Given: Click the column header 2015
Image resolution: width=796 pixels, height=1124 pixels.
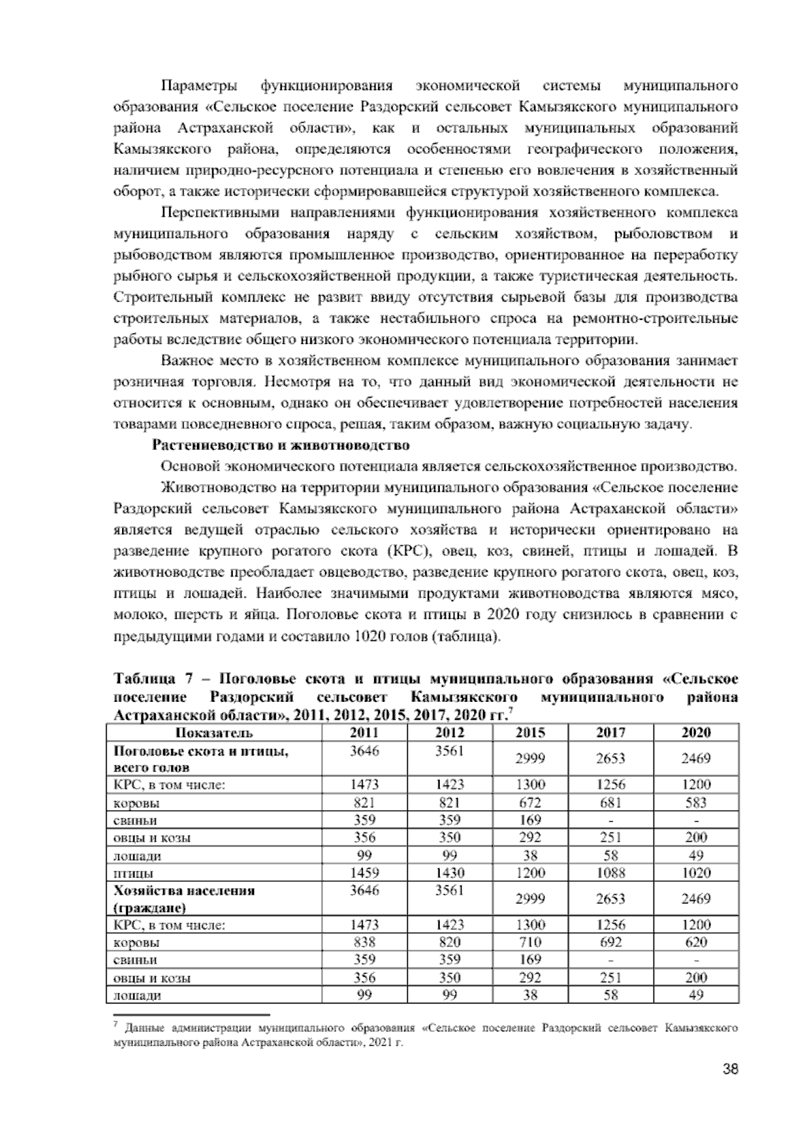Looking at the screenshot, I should (x=530, y=732).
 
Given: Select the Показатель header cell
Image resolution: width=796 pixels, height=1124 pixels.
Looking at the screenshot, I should (x=214, y=732).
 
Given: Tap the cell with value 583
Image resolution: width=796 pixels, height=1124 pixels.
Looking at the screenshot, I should (x=696, y=803).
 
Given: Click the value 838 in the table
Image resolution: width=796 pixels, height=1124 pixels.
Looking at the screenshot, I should (x=364, y=942).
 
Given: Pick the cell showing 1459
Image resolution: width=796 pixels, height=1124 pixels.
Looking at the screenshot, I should (x=364, y=872).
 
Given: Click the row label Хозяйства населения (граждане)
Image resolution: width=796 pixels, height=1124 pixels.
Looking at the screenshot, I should (x=184, y=898).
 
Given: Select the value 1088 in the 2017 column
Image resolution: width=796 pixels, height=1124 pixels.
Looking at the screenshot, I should (x=610, y=872).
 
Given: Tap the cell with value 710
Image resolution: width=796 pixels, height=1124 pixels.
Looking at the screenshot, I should (x=530, y=942).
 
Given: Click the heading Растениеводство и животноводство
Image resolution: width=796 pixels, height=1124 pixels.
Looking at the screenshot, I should (x=281, y=445).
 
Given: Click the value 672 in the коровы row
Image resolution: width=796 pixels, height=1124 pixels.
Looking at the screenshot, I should (x=530, y=803).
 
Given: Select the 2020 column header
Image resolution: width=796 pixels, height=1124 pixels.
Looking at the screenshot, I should (x=696, y=732).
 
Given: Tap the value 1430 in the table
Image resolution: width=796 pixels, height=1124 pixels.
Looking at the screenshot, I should (x=449, y=872).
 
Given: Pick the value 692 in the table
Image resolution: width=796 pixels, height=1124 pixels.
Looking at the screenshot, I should (x=610, y=942).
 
